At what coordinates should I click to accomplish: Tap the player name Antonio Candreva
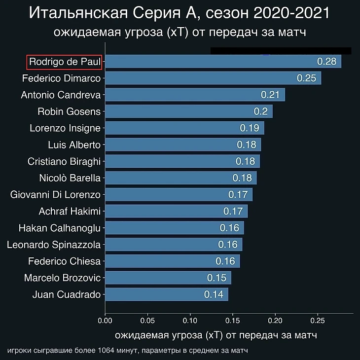61,95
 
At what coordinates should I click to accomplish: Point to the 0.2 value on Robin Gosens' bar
261,111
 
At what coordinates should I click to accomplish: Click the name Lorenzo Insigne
65,128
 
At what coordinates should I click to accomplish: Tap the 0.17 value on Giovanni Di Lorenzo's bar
238,195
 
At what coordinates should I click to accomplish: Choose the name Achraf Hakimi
70,212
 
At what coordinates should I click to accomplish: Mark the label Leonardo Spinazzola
54,245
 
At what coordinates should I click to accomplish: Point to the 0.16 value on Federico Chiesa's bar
226,261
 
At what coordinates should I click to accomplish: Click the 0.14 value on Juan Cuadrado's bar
214,294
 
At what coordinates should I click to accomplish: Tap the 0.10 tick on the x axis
190,321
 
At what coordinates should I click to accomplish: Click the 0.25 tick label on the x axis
318,321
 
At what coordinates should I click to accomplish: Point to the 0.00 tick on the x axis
105,321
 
